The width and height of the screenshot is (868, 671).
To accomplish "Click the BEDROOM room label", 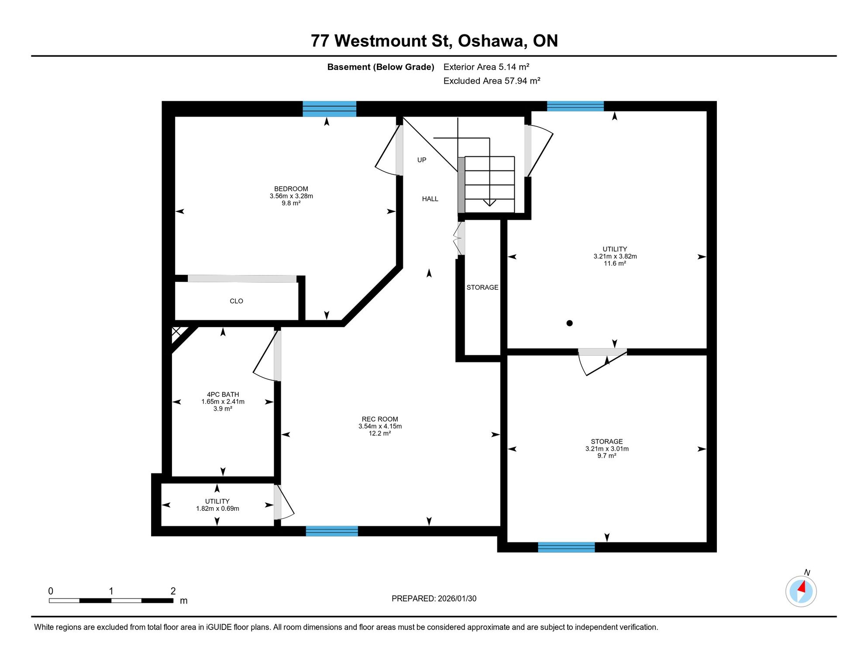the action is [291, 189].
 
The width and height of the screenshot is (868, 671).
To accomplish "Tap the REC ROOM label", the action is [380, 419].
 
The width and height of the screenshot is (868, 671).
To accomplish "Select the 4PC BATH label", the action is [223, 394].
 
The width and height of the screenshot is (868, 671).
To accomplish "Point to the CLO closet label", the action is [236, 301].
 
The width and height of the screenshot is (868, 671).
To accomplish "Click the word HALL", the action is [430, 199].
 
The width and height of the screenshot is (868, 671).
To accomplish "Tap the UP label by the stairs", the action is [422, 160].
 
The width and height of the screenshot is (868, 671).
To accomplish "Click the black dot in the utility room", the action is [569, 323].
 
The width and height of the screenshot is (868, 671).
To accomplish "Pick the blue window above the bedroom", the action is [330, 109].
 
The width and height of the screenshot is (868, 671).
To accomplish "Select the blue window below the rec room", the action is [332, 531].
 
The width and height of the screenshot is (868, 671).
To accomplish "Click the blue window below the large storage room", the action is [566, 547].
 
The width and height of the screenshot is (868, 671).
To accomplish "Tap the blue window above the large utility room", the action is [575, 106].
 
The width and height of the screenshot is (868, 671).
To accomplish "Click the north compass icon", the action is [801, 591].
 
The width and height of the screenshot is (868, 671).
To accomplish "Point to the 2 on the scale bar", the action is [173, 591].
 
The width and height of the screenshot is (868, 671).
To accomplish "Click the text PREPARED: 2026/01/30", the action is [434, 598].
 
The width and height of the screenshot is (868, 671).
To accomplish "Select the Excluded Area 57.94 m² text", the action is [492, 81].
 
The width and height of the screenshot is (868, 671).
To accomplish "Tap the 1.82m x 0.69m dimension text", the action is [217, 508].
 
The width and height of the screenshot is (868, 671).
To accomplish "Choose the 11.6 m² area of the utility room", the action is [615, 263].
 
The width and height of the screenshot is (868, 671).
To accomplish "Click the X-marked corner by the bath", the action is [176, 332].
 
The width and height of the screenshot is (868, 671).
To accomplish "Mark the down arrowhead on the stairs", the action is [489, 203].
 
